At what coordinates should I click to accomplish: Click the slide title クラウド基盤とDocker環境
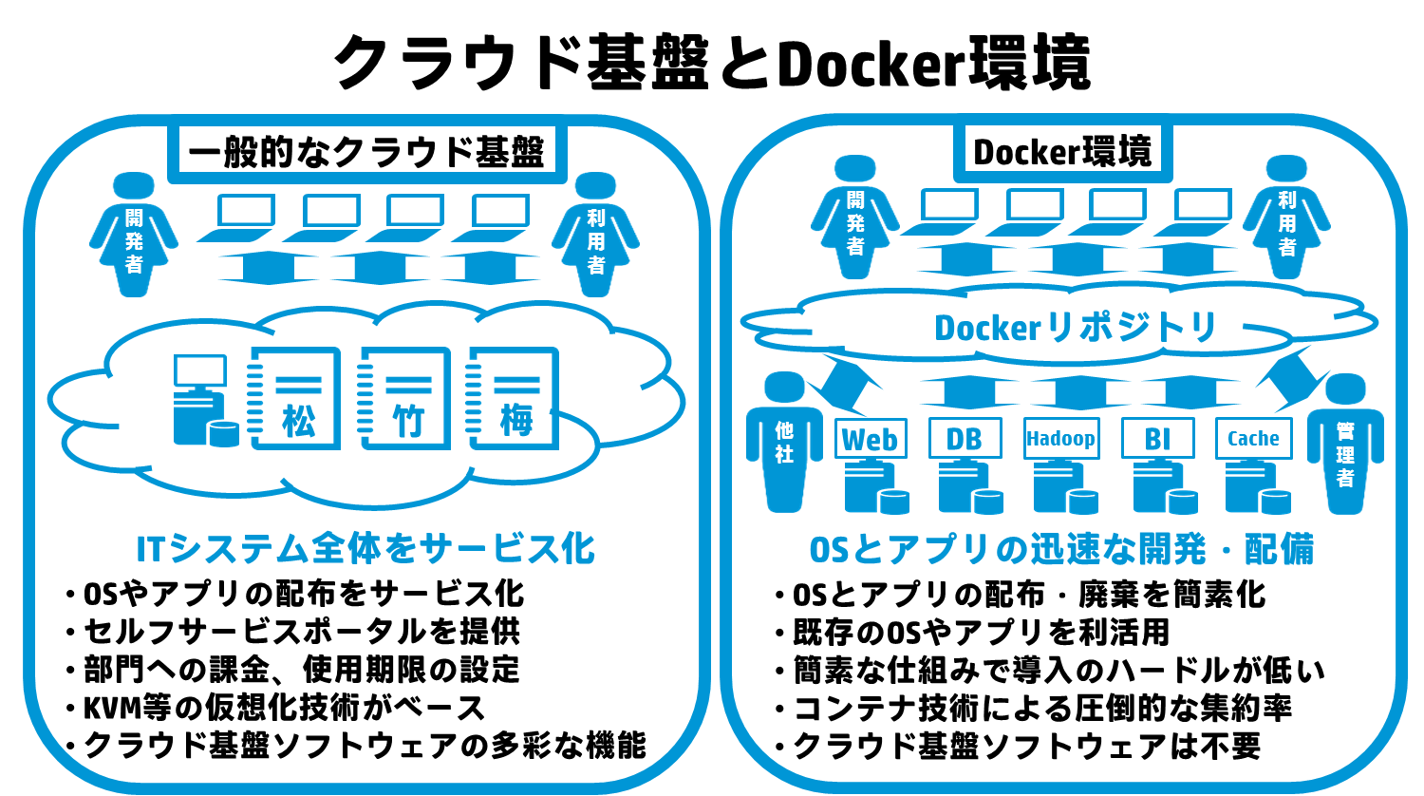coord(712,63)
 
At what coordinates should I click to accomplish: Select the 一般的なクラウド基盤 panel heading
coord(366,152)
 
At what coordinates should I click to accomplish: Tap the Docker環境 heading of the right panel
coord(1062,152)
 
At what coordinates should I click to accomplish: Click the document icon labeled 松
coord(294,398)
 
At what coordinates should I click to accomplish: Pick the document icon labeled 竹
coord(404,398)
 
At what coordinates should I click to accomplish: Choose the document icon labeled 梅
coord(513,398)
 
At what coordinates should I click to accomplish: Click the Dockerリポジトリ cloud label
coord(1075,328)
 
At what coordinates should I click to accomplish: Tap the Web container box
coord(871,439)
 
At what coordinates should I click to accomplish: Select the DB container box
coord(965,439)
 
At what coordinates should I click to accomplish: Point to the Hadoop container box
coord(1061,439)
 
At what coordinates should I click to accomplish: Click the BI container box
coord(1157,439)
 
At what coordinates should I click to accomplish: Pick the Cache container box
coord(1254,439)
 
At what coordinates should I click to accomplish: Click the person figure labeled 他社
coord(784,443)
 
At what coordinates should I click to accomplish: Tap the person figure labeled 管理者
coord(1345,444)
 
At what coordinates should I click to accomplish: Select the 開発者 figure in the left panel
coord(134,235)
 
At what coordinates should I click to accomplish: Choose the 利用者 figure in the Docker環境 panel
coord(1286,217)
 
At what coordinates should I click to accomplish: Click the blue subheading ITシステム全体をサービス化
coord(365,549)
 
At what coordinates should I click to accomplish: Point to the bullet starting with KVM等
coord(276,708)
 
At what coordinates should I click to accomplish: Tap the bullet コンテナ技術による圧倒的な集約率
coord(1034,709)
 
